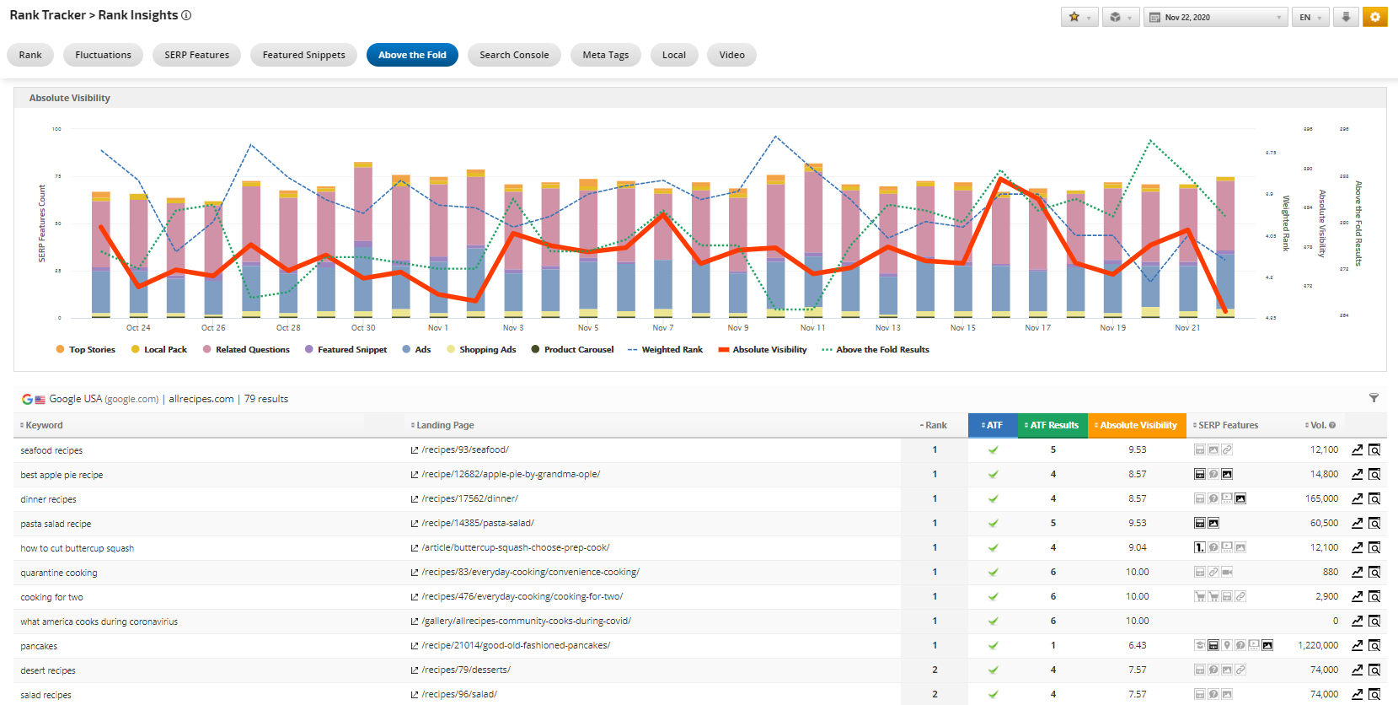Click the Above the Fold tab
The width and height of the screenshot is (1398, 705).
[412, 55]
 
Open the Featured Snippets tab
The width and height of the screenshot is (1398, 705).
[303, 55]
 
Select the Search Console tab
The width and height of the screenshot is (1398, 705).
[514, 55]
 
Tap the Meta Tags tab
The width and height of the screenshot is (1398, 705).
[605, 55]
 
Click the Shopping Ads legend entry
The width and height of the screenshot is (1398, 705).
[487, 349]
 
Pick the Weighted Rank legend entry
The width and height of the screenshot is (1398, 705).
[672, 349]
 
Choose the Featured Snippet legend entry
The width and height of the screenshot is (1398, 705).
[351, 349]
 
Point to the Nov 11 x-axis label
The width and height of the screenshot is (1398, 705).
[812, 328]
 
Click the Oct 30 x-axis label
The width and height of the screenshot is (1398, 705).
[363, 328]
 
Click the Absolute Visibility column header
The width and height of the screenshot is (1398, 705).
[1138, 425]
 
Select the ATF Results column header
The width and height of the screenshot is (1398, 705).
[1053, 425]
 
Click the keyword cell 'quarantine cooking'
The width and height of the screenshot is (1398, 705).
[59, 573]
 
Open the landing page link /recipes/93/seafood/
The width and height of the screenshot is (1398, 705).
[465, 449]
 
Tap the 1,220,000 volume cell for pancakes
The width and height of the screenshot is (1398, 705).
[1317, 645]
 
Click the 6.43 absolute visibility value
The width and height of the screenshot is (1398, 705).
[1137, 645]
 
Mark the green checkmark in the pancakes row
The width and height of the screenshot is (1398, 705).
[994, 645]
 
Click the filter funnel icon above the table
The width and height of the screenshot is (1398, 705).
[1374, 398]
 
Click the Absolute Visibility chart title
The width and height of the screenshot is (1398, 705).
[70, 98]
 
